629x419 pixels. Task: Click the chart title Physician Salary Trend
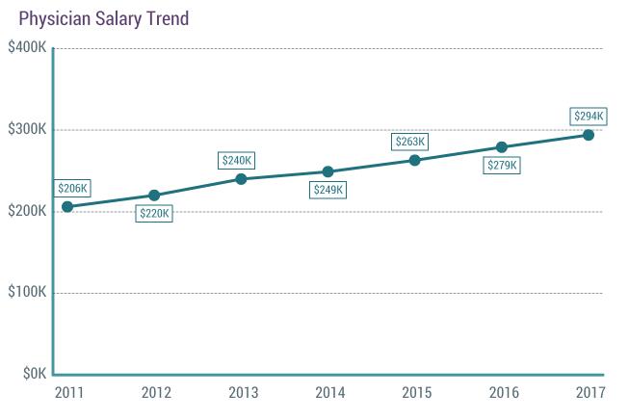pos(104,18)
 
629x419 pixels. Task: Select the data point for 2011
pos(67,207)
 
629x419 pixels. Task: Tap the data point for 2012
pos(154,196)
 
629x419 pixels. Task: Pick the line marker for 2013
pos(241,179)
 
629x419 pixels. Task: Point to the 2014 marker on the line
pos(328,171)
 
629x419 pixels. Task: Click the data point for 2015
pos(414,160)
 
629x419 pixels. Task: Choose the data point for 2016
pos(501,147)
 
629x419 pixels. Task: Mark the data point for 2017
pos(589,135)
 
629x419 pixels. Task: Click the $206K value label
pos(72,188)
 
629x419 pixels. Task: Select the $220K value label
pos(154,214)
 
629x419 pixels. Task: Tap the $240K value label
pos(236,160)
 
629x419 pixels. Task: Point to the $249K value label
pos(328,190)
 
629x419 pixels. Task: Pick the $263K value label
pos(409,142)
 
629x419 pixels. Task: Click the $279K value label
pos(502,166)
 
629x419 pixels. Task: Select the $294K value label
pos(589,117)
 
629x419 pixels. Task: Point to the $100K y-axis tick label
pos(26,293)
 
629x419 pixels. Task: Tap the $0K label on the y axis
pos(34,374)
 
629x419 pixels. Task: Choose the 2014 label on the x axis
pos(328,393)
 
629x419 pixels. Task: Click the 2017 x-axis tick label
pos(589,393)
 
